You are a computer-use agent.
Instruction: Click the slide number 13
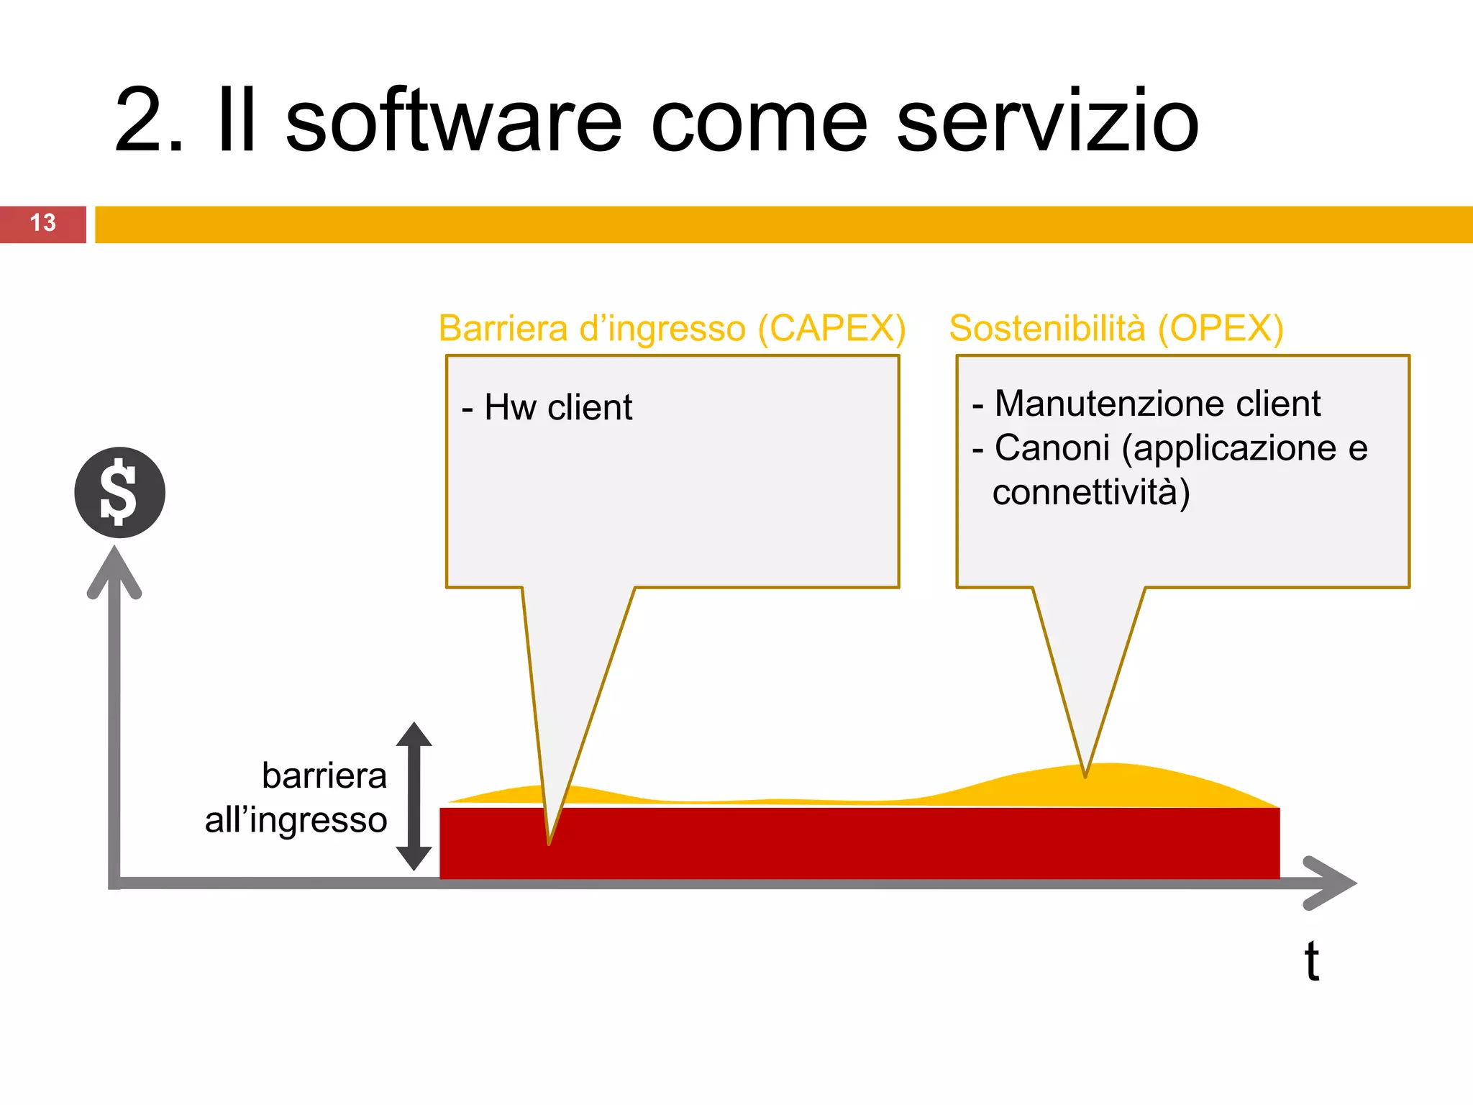[x=42, y=223]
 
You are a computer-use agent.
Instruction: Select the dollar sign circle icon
[x=120, y=493]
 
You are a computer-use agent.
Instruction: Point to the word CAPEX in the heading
[x=831, y=329]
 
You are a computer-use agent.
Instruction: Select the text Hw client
[x=557, y=407]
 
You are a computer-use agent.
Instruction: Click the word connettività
[x=1090, y=493]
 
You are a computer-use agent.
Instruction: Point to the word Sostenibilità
[x=1046, y=329]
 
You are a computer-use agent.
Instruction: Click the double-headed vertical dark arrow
[x=414, y=796]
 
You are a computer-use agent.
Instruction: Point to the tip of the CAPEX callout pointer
[x=549, y=842]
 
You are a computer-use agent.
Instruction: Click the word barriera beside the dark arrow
[x=324, y=776]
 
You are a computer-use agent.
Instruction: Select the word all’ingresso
[x=296, y=820]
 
